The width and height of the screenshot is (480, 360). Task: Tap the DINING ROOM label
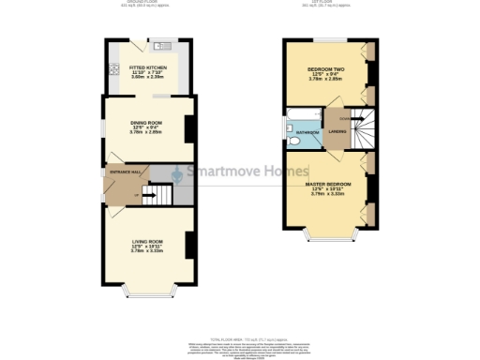click(145, 123)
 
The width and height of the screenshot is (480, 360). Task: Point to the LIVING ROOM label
click(146, 242)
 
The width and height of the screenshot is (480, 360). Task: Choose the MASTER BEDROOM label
click(328, 184)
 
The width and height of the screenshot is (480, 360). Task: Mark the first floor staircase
click(361, 127)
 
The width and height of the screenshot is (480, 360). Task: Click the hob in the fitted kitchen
click(114, 67)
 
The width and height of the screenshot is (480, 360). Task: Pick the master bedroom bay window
click(329, 232)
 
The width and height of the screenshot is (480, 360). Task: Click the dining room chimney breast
click(190, 127)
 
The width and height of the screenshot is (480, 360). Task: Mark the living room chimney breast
click(190, 246)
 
